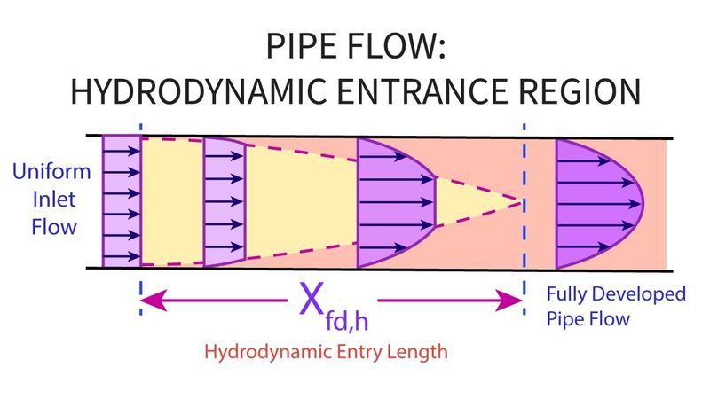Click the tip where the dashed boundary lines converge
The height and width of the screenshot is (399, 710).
(x=519, y=201)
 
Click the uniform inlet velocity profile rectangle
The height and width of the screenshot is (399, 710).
(x=122, y=200)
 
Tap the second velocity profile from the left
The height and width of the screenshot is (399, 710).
(x=222, y=201)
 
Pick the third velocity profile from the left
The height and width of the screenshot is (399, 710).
(x=390, y=202)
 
